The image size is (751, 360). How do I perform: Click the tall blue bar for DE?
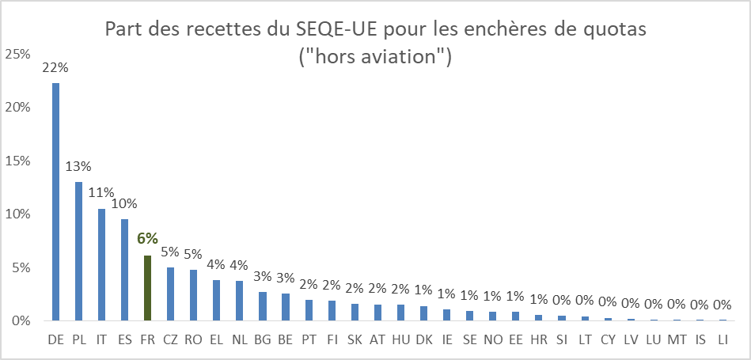[x=55, y=202]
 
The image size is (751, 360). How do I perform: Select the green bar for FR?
[x=147, y=288]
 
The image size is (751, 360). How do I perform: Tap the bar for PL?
[x=78, y=251]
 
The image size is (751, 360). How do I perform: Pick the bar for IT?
[x=101, y=264]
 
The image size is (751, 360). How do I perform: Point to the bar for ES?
[x=124, y=270]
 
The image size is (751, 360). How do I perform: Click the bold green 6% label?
[x=147, y=238]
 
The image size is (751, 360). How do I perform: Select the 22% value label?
[x=55, y=67]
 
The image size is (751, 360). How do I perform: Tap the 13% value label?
[x=78, y=166]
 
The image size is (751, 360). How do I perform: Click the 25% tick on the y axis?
[x=17, y=55]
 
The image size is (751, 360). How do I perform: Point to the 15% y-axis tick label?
[x=17, y=161]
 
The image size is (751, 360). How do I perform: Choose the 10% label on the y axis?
[x=17, y=214]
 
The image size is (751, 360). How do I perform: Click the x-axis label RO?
[x=193, y=339]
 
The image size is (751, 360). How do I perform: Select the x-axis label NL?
[x=239, y=339]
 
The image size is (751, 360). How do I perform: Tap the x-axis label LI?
[x=723, y=339]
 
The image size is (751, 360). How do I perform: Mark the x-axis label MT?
[x=677, y=339]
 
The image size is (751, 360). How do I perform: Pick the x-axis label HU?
[x=401, y=339]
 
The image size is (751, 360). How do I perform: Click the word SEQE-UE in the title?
[x=331, y=30]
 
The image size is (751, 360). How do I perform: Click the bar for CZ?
[x=170, y=294]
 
